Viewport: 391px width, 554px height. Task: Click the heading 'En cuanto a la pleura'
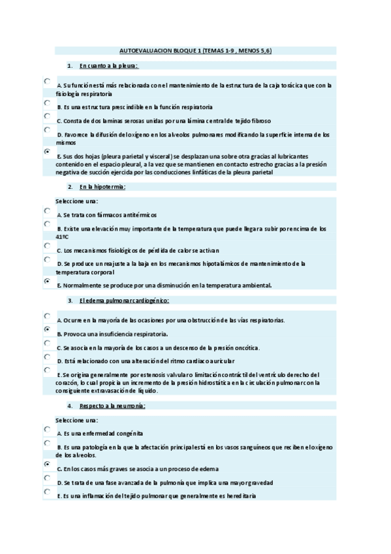click(109, 66)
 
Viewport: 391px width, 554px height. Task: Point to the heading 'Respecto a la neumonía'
click(112, 406)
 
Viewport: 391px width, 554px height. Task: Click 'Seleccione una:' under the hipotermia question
click(77, 201)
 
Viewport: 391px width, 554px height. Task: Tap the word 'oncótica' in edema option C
click(245, 348)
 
